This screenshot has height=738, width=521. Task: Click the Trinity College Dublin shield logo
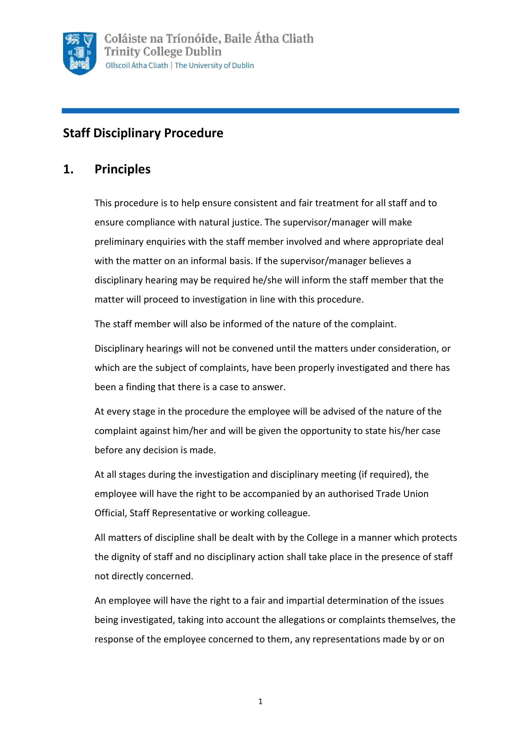click(80, 53)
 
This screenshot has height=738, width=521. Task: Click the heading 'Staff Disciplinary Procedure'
click(143, 133)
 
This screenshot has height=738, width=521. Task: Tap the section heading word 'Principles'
click(122, 169)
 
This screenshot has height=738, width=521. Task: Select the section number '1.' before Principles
click(68, 169)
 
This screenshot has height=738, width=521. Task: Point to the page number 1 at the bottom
click(260, 701)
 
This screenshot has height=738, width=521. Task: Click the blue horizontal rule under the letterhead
click(260, 111)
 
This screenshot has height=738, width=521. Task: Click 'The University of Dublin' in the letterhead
click(214, 66)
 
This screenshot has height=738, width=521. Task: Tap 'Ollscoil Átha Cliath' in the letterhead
click(137, 66)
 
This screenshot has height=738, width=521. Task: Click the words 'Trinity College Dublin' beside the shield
click(163, 52)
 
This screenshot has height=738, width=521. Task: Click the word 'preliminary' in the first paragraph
click(119, 242)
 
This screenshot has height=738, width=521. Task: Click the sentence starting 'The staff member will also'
click(245, 324)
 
